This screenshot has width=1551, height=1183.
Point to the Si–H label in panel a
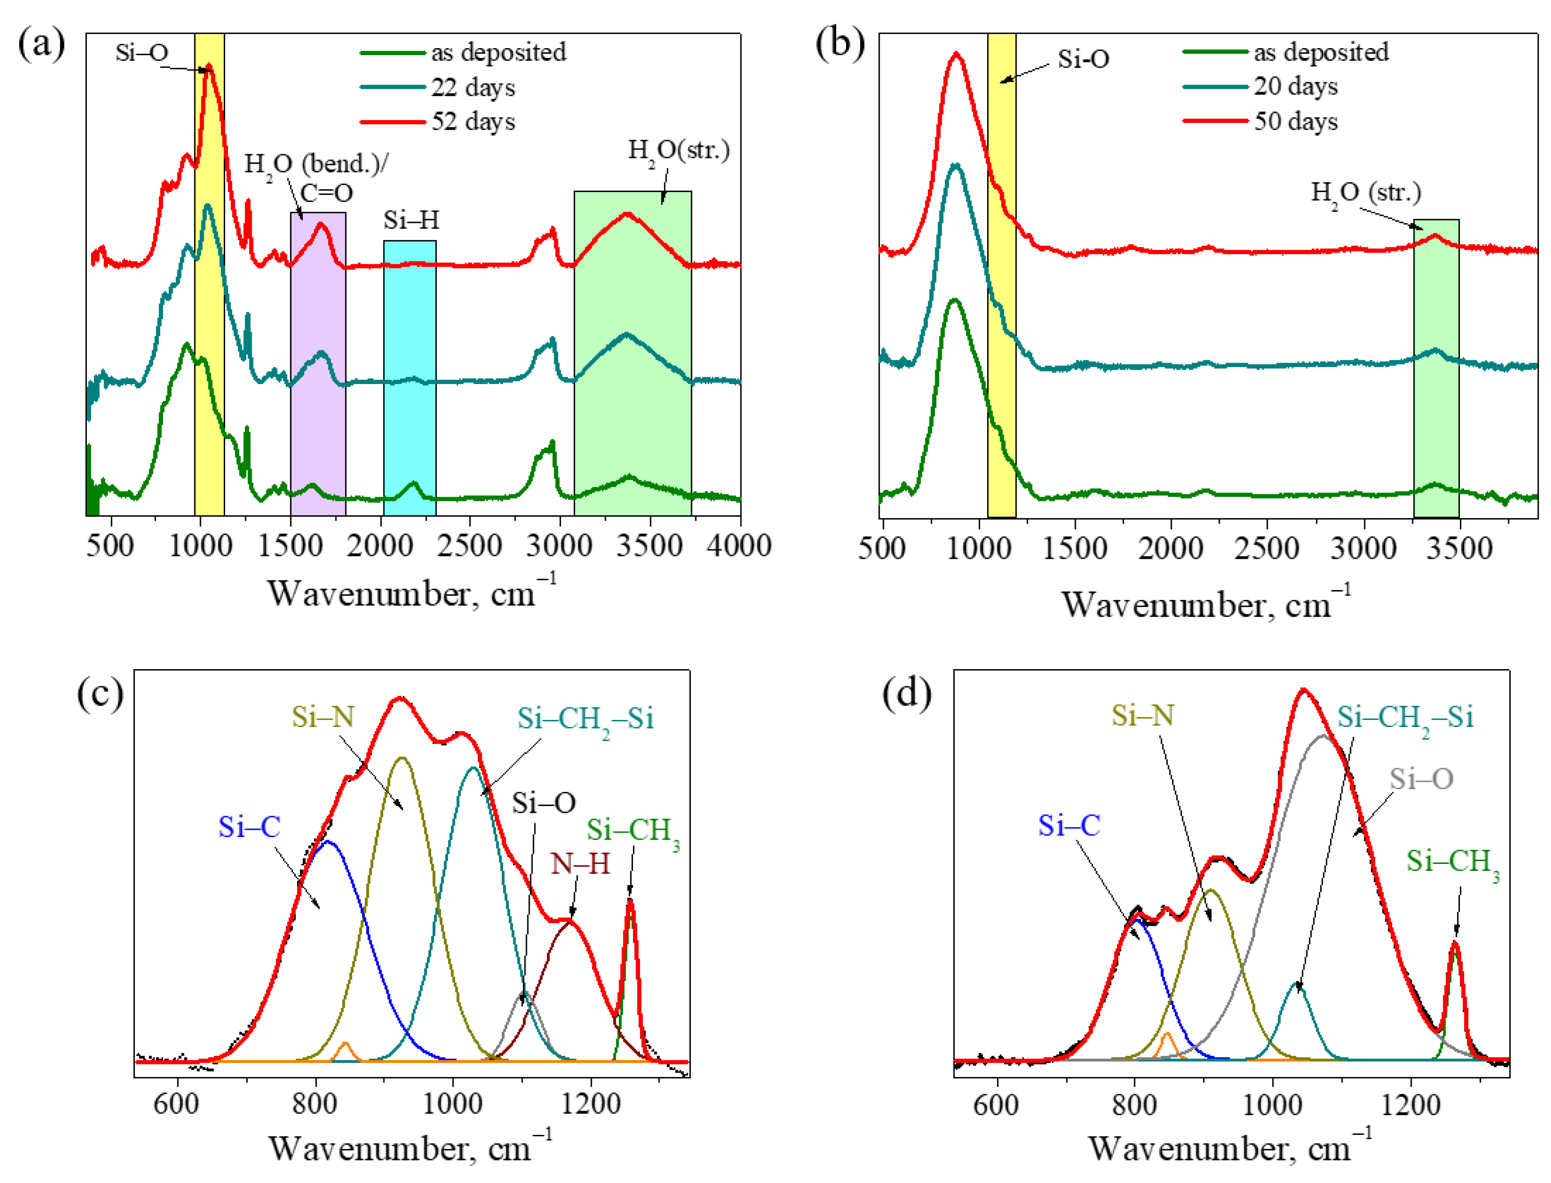coord(411,221)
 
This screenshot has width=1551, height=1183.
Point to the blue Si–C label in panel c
coord(249,827)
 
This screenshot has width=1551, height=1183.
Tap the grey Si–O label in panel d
coord(1420,779)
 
